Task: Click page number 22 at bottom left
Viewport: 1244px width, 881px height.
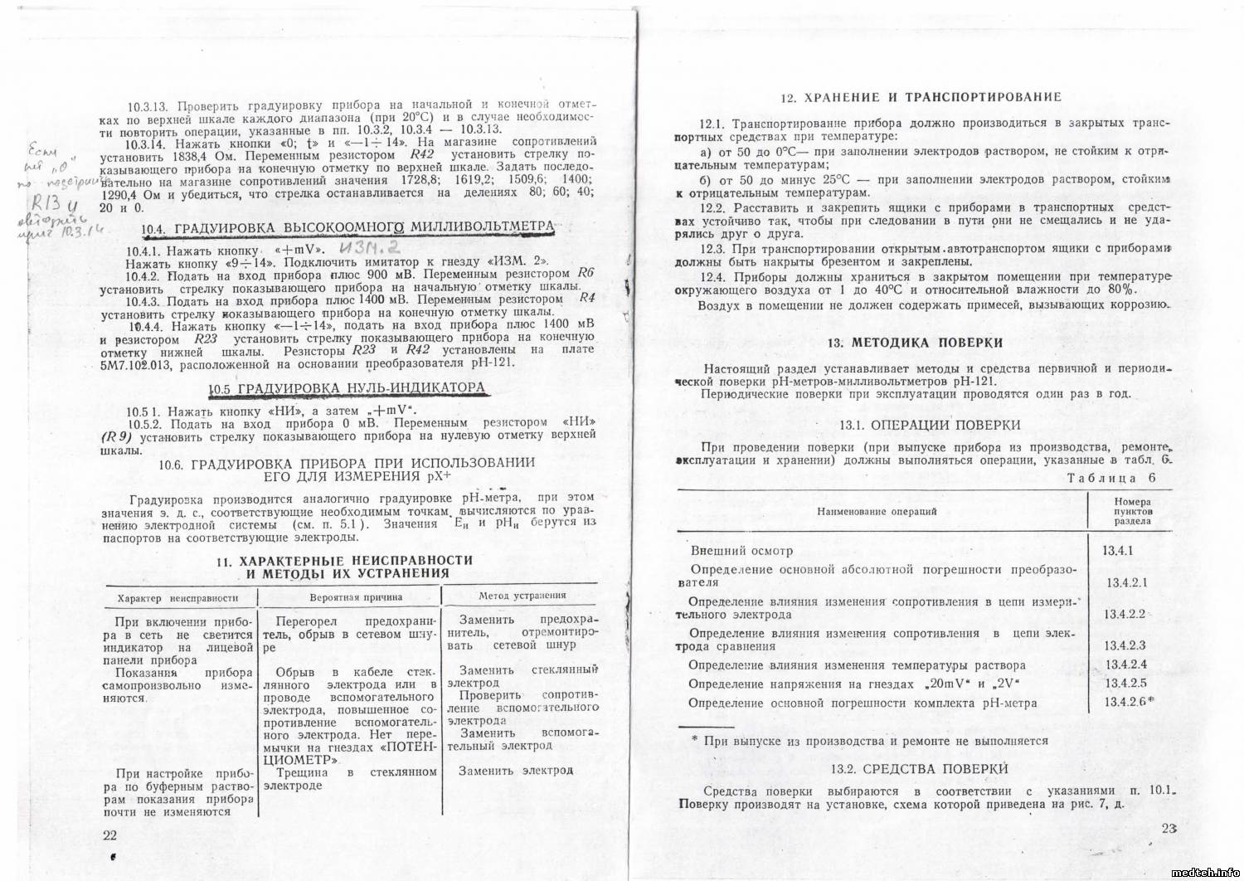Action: (x=109, y=835)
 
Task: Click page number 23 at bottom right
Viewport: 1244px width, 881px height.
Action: (x=1169, y=828)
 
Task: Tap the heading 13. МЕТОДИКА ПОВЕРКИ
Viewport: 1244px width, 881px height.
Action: (x=915, y=343)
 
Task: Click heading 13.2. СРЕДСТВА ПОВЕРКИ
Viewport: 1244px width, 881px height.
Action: (x=919, y=769)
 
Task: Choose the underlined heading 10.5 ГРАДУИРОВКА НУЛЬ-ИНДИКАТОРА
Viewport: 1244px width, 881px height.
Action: (x=346, y=388)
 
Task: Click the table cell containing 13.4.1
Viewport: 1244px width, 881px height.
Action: (x=1119, y=550)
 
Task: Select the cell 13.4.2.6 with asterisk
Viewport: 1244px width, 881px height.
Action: (x=1129, y=702)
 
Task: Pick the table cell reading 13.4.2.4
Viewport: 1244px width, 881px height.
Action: (x=1125, y=664)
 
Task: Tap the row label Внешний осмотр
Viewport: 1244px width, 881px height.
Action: (x=741, y=550)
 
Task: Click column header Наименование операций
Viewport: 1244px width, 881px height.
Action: (x=877, y=511)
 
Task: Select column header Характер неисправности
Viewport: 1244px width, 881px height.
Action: (x=177, y=597)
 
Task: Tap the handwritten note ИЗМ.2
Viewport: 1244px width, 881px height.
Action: (x=369, y=246)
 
